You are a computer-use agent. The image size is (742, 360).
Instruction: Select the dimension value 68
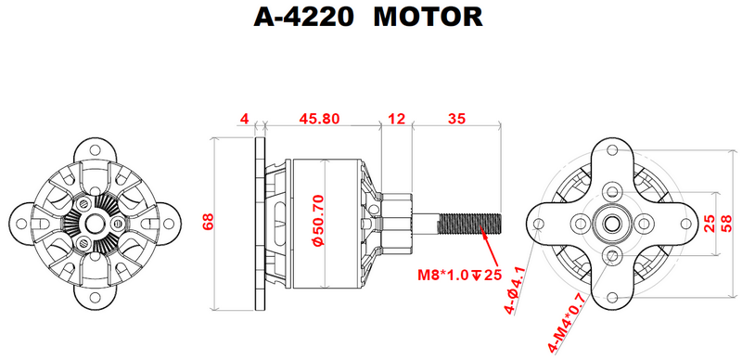point(209,223)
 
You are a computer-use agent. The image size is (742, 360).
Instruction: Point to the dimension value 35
point(456,119)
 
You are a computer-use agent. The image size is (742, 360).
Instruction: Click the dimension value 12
point(397,119)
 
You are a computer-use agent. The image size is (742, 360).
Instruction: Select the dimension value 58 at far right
point(726,223)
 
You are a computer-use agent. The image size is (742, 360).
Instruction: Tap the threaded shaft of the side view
point(469,223)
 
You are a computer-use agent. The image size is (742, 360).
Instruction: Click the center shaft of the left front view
point(96,223)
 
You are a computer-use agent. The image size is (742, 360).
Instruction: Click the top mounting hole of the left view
point(96,149)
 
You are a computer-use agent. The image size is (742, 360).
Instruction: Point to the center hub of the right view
point(613,223)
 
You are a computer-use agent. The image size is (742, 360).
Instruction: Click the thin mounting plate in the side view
point(256,223)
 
